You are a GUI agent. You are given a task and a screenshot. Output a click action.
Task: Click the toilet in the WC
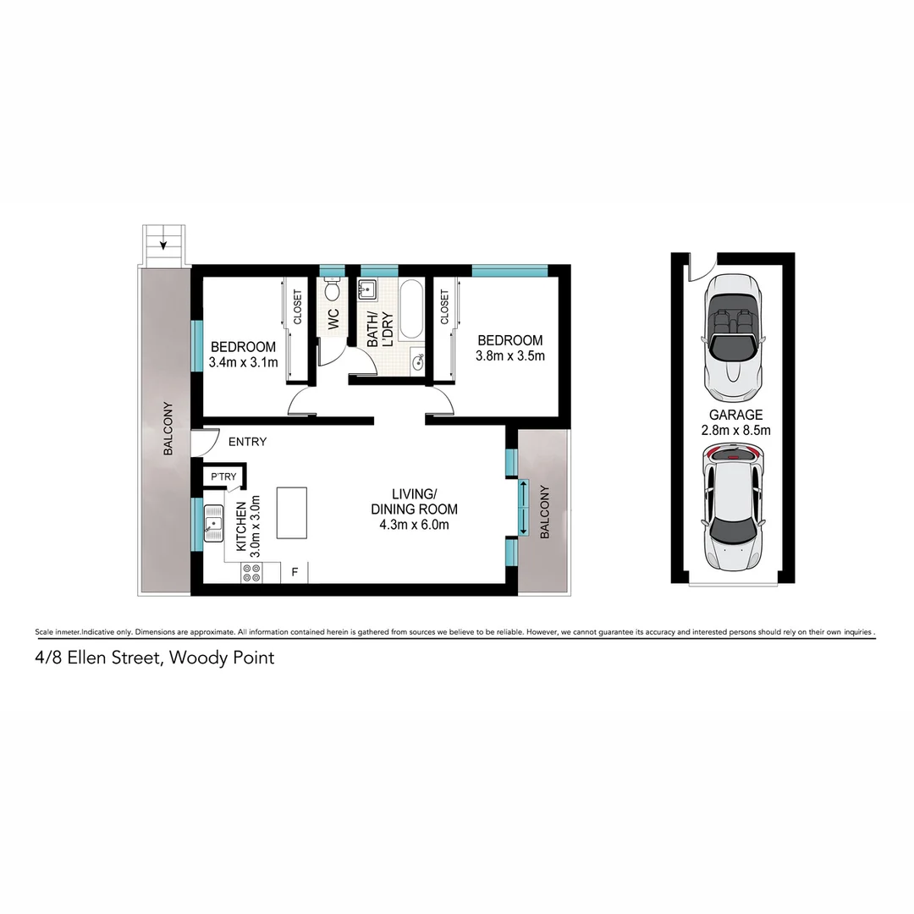coord(333,289)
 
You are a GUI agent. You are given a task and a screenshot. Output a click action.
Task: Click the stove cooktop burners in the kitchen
coord(251,573)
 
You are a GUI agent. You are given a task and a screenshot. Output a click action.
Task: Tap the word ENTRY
coord(247,442)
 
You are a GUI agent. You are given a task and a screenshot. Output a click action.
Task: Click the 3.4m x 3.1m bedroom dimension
coord(243,362)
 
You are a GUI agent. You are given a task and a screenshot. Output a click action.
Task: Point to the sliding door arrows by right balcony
coord(524,507)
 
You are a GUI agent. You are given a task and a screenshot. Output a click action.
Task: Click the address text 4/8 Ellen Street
coord(154,657)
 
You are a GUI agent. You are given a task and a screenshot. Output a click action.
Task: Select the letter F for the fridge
coord(295,572)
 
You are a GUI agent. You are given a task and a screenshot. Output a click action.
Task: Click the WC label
coord(333,319)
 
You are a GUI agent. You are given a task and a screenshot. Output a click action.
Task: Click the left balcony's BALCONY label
coord(168,428)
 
